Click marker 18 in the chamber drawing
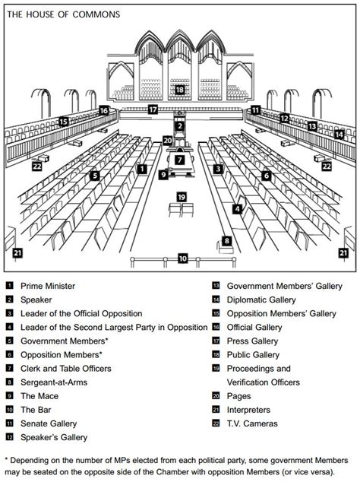[179, 90]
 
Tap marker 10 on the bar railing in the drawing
[182, 258]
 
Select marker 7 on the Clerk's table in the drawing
[179, 160]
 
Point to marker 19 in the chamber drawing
[182, 197]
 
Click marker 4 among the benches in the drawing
[238, 208]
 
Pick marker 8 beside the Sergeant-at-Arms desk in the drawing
[226, 241]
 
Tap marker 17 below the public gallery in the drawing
[153, 109]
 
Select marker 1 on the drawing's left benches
[141, 170]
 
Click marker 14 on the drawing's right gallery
[339, 135]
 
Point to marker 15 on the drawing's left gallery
[64, 121]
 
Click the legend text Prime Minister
[48, 286]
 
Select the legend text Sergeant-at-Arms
[54, 382]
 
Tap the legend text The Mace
[38, 396]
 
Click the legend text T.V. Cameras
[252, 423]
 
